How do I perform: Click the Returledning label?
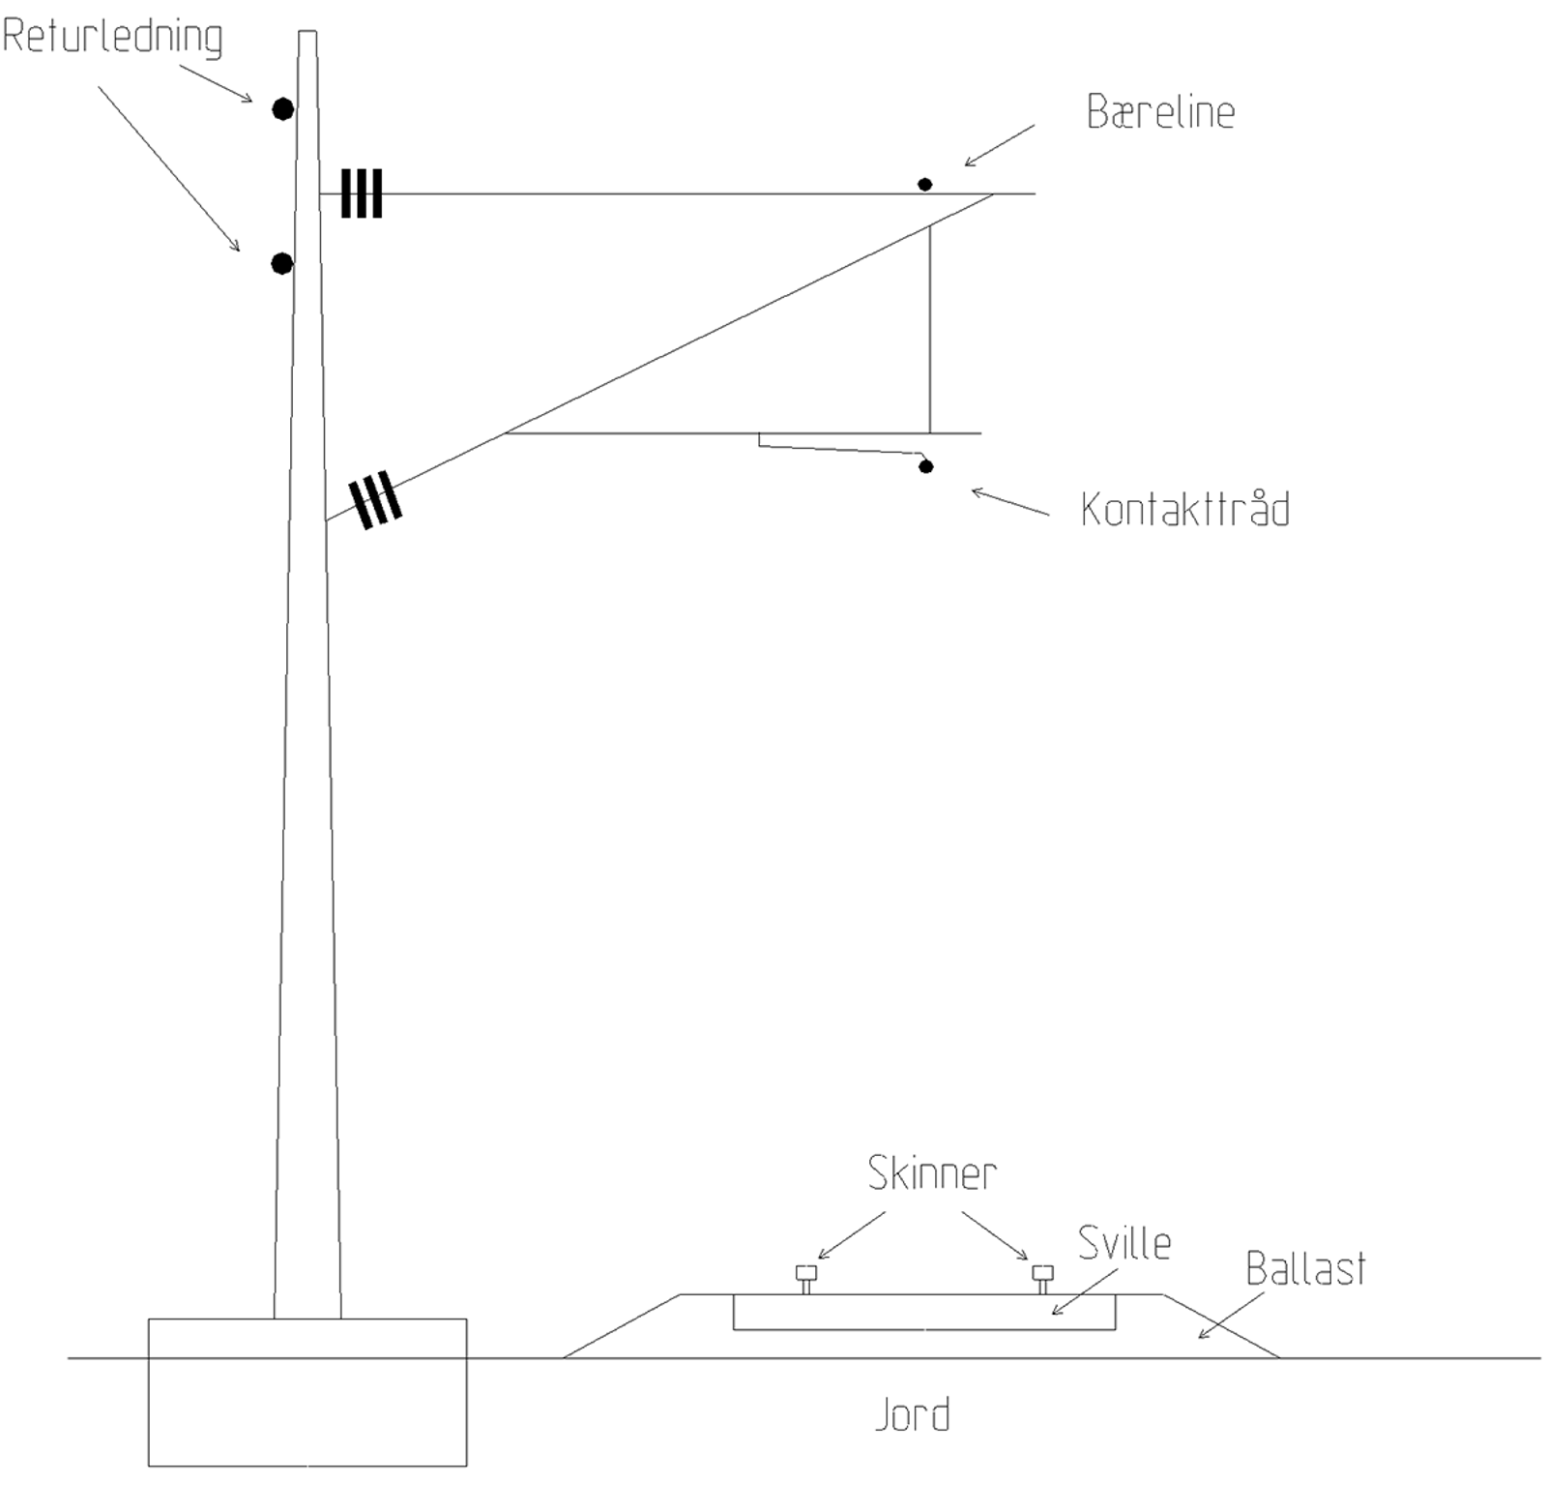pyautogui.click(x=112, y=36)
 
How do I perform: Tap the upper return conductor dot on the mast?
pyautogui.click(x=282, y=109)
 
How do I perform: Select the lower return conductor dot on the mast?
pyautogui.click(x=281, y=263)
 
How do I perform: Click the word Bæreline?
pyautogui.click(x=1160, y=112)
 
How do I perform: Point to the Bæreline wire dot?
pyautogui.click(x=924, y=184)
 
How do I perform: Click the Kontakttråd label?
pyautogui.click(x=1184, y=509)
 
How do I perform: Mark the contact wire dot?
pyautogui.click(x=925, y=466)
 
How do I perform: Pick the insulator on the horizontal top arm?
pyautogui.click(x=362, y=193)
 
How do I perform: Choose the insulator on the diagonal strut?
pyautogui.click(x=376, y=499)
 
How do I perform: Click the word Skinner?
pyautogui.click(x=931, y=1173)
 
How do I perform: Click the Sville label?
pyautogui.click(x=1124, y=1243)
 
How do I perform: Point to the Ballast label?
pyautogui.click(x=1305, y=1269)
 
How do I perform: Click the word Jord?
pyautogui.click(x=912, y=1414)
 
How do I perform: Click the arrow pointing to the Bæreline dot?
pyautogui.click(x=999, y=145)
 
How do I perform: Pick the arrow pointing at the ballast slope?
pyautogui.click(x=1230, y=1316)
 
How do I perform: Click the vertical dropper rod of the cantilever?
pyautogui.click(x=930, y=329)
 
